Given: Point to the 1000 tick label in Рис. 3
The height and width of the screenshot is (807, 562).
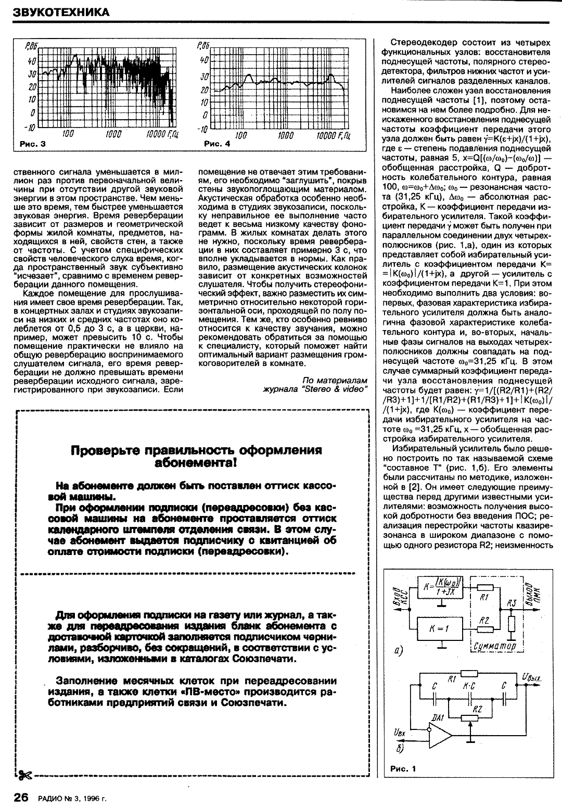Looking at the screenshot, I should pos(113,134).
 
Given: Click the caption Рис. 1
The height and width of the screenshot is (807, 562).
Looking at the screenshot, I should pos(403,768).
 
